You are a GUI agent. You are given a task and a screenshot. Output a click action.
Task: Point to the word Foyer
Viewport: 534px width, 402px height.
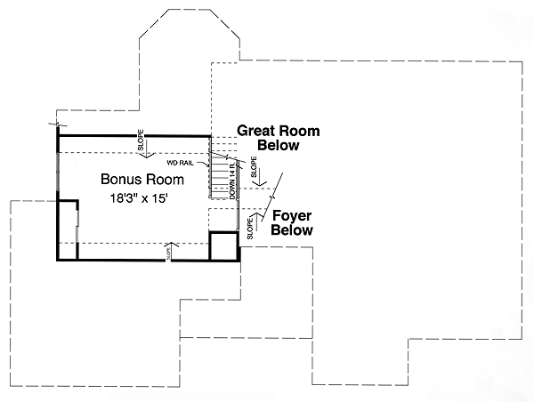[x=291, y=215]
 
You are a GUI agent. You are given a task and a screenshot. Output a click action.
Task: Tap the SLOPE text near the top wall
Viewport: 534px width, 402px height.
[x=141, y=138]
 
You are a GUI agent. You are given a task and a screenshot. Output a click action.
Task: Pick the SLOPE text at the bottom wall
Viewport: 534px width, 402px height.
[x=168, y=254]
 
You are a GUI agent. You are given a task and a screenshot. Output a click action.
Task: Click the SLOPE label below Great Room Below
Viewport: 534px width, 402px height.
[x=254, y=166]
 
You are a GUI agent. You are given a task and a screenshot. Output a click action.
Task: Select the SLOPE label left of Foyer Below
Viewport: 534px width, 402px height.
[x=250, y=227]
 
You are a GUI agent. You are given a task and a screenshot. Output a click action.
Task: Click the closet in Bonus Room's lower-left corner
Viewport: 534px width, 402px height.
[x=68, y=229]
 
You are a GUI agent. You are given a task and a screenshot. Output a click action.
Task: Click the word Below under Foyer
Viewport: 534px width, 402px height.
[x=292, y=230]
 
